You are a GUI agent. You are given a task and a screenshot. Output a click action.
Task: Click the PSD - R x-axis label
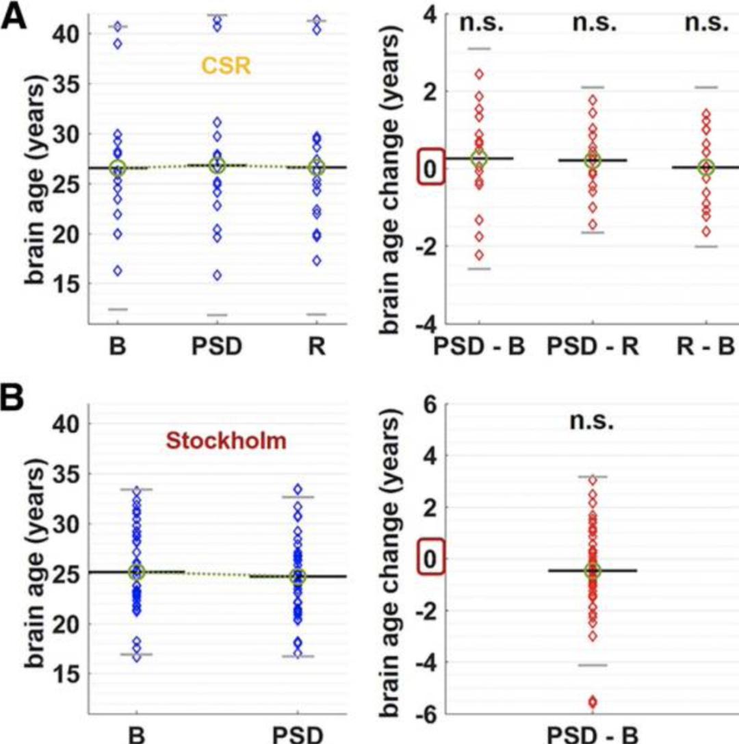pyautogui.click(x=593, y=346)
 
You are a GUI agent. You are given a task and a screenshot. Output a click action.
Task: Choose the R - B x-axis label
pyautogui.click(x=705, y=346)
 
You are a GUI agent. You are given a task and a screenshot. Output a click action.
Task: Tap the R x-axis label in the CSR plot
pyautogui.click(x=316, y=346)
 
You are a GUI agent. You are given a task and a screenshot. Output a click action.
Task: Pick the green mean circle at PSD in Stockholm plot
pyautogui.click(x=297, y=577)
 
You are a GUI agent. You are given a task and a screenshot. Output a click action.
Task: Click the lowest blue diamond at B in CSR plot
pyautogui.click(x=118, y=271)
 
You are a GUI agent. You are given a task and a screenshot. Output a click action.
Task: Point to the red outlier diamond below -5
pyautogui.click(x=592, y=702)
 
